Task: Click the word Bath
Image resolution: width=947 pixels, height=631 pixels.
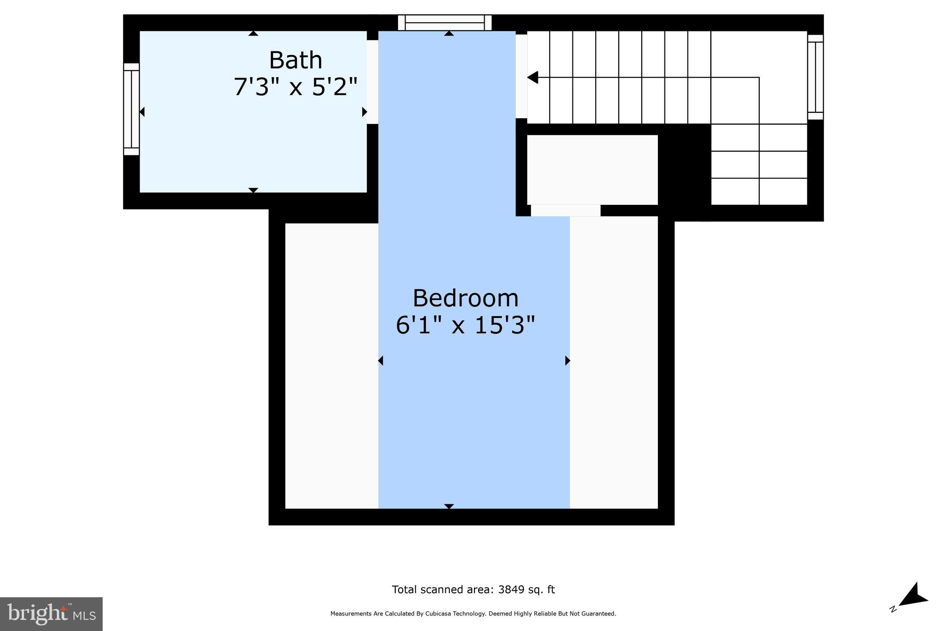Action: (x=295, y=61)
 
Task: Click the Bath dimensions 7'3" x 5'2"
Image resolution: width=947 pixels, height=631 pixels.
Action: (x=295, y=87)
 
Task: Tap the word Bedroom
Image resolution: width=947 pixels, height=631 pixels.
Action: (x=465, y=298)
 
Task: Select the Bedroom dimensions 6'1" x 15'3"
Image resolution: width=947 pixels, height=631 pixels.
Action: (x=465, y=325)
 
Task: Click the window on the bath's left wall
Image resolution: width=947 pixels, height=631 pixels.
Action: (x=131, y=109)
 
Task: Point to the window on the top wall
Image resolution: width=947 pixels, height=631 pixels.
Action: (x=444, y=23)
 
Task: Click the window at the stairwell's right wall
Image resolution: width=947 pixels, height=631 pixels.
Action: (x=815, y=77)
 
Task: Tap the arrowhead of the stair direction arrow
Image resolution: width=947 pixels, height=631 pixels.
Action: (x=533, y=78)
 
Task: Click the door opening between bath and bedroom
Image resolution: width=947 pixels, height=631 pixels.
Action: (x=372, y=82)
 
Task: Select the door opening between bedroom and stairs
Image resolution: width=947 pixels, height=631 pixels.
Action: (x=521, y=76)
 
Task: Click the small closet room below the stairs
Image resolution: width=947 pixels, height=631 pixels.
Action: (x=592, y=170)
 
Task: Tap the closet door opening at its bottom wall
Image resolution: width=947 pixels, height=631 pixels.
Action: (x=565, y=210)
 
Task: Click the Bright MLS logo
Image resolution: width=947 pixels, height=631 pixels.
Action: (x=51, y=614)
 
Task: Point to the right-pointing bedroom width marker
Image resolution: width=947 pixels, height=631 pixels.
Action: (x=567, y=361)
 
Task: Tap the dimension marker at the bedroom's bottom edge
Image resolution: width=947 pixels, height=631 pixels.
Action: (x=449, y=506)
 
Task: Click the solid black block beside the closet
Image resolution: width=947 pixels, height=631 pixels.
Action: (x=684, y=171)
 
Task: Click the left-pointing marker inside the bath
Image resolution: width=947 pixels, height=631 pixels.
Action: (x=142, y=112)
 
